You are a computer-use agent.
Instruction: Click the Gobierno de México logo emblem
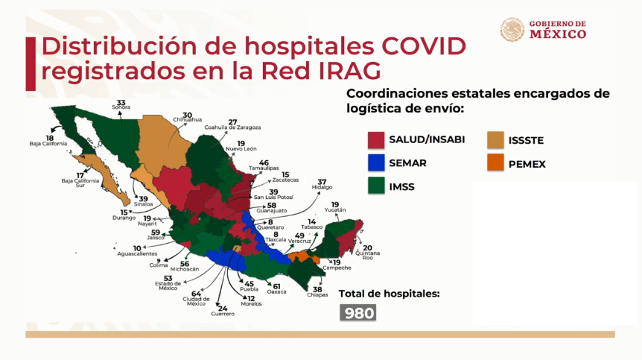512,30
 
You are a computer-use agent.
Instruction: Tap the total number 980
358,313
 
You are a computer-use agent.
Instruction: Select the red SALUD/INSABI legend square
375,139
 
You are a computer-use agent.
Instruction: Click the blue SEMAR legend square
375,162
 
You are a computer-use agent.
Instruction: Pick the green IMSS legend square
375,186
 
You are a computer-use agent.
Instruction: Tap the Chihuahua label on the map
187,119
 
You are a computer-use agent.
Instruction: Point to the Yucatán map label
335,210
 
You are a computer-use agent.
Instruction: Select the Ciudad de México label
197,303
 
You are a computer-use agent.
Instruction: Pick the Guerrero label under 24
222,314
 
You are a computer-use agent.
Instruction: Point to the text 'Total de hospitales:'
389,294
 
